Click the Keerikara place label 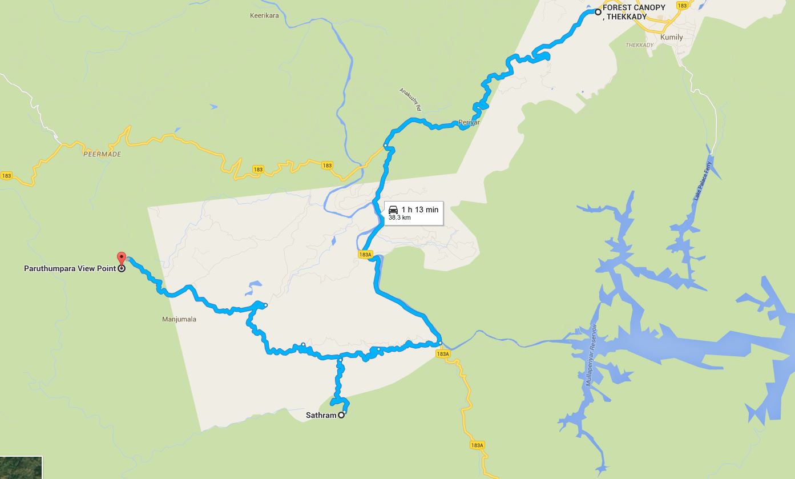(264, 15)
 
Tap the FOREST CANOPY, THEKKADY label (633, 12)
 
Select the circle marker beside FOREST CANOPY (598, 12)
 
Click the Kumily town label (671, 37)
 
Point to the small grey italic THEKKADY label (639, 45)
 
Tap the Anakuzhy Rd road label (410, 99)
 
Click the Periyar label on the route (469, 123)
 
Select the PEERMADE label (102, 154)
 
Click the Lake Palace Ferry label (702, 181)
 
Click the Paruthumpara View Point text (70, 268)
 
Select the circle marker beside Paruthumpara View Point (122, 268)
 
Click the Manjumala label (179, 319)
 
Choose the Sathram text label (321, 415)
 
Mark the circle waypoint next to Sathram (341, 415)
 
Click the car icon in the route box (393, 210)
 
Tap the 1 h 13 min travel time (419, 210)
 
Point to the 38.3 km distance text (399, 218)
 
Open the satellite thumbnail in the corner (21, 468)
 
